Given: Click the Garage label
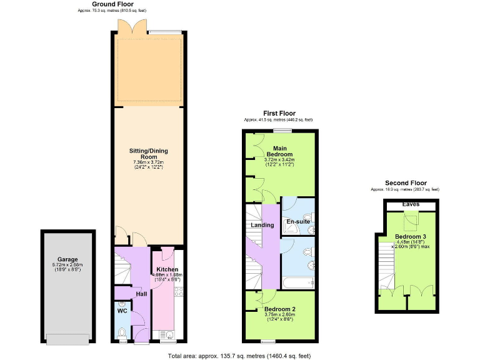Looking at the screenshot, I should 67,259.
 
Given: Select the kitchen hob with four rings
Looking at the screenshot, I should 177,291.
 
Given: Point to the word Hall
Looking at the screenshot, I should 141,293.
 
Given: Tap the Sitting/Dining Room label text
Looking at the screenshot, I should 149,154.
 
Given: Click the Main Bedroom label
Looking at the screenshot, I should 279,151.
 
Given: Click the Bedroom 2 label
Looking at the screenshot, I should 279,309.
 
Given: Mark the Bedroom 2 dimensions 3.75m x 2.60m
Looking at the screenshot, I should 279,315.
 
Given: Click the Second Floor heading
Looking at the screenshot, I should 405,184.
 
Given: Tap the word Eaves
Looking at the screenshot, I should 410,204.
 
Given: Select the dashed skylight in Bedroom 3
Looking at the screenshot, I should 410,219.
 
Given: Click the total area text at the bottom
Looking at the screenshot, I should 239,356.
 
